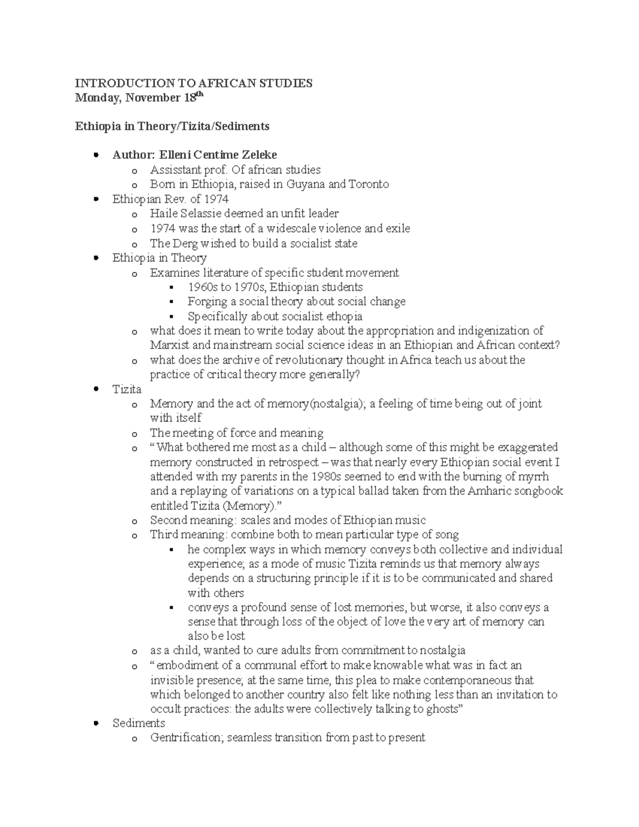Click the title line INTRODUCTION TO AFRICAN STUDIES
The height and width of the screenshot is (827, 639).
(x=193, y=83)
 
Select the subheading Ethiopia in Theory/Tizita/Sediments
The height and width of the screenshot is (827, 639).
(x=172, y=126)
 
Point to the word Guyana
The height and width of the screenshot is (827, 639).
(x=306, y=184)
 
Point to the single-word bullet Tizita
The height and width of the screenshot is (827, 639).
(x=127, y=389)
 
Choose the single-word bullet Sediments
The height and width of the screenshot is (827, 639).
(x=138, y=723)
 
